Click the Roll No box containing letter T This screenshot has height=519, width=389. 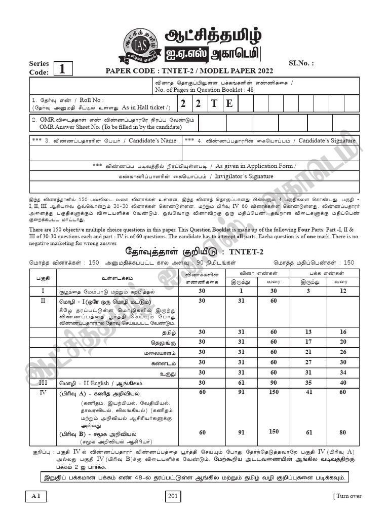214,103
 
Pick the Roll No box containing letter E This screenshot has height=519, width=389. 229,103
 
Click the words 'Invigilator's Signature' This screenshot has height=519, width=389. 244,176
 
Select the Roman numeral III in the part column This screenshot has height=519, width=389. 43,383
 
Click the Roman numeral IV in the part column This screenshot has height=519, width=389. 43,393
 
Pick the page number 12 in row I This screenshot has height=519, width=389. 343,291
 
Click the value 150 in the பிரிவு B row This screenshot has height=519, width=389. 274,432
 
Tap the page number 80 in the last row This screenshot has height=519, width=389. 343,432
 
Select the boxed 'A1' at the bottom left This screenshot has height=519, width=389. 35,497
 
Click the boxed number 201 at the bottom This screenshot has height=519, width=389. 173,497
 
